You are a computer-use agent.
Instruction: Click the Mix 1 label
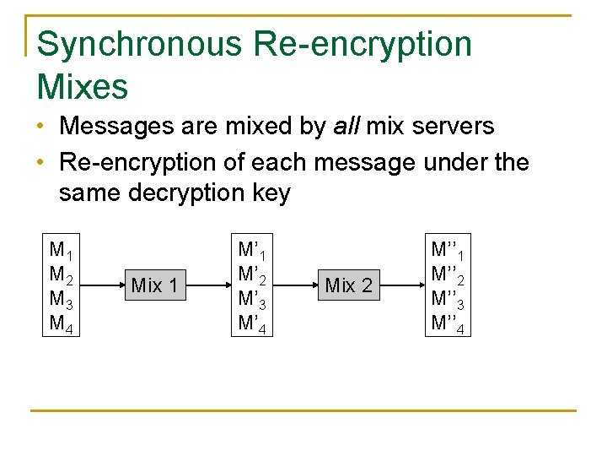154,285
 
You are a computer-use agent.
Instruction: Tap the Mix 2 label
348,285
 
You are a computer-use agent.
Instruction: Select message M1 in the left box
62,250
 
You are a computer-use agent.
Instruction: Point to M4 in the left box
62,323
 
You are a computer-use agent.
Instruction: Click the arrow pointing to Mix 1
104,285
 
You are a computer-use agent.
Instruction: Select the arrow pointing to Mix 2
296,285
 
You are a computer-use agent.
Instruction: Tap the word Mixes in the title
83,85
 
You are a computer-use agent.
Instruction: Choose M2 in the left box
62,274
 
